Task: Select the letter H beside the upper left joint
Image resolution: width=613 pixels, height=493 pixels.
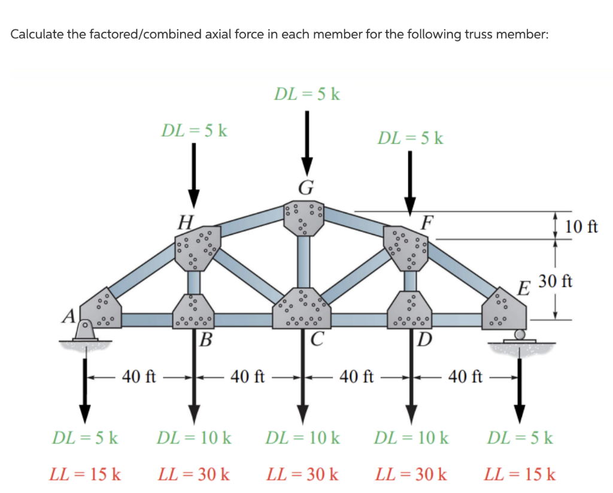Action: click(x=186, y=223)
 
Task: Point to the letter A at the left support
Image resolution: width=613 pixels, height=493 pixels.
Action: click(x=70, y=314)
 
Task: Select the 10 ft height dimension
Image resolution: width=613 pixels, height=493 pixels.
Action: click(x=580, y=226)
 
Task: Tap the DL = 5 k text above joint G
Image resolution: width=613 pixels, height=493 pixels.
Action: click(x=306, y=94)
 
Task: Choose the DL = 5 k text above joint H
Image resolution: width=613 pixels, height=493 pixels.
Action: click(x=194, y=130)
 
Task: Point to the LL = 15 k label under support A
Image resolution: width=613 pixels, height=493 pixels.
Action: click(x=85, y=475)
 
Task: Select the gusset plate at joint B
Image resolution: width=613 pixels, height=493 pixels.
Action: click(x=194, y=311)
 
